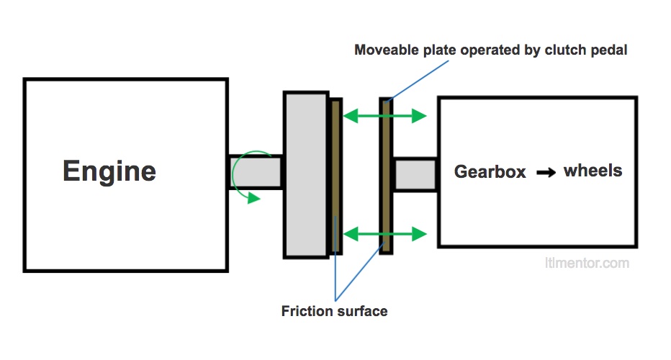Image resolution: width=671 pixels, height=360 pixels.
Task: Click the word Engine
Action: [x=109, y=171]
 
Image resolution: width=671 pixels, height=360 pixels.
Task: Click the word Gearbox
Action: [x=490, y=172]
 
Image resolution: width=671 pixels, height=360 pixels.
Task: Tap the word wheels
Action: [x=593, y=171]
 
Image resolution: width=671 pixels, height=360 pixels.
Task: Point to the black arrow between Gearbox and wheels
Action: [x=546, y=173]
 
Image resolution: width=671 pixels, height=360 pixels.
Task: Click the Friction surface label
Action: [x=334, y=311]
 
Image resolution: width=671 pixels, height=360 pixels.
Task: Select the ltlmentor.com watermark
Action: [x=586, y=263]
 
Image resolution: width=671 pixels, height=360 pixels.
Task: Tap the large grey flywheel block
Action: [x=306, y=174]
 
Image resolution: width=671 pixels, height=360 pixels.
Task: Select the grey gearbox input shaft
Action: [x=415, y=174]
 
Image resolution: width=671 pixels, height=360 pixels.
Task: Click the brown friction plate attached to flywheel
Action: [x=335, y=175]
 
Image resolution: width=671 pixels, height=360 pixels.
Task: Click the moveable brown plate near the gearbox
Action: [x=387, y=175]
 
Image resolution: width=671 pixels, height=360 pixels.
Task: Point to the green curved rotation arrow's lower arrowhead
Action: [x=253, y=198]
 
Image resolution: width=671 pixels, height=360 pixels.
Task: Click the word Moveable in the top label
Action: [x=387, y=51]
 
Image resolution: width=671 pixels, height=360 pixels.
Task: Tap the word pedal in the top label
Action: [x=612, y=51]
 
